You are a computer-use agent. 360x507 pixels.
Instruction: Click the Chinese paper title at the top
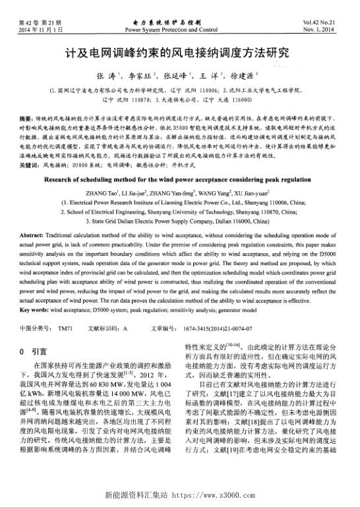179,53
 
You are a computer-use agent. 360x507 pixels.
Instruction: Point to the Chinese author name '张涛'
105,76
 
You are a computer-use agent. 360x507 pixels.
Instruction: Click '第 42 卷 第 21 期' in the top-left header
35,23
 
